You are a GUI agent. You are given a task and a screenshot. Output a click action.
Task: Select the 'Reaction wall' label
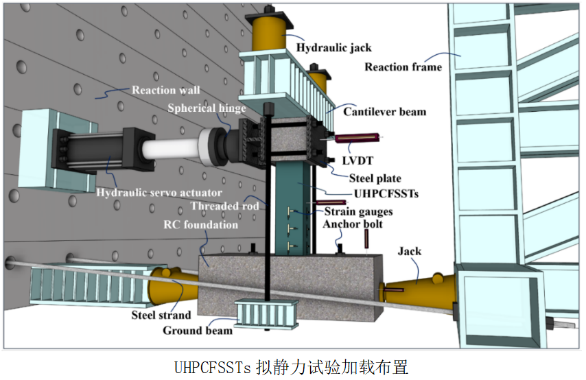coord(166,90)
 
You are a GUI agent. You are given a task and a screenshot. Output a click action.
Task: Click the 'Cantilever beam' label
coord(384,111)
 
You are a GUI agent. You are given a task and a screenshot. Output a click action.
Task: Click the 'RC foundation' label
coord(201,224)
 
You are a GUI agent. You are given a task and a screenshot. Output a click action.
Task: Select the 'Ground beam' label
coord(198,331)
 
